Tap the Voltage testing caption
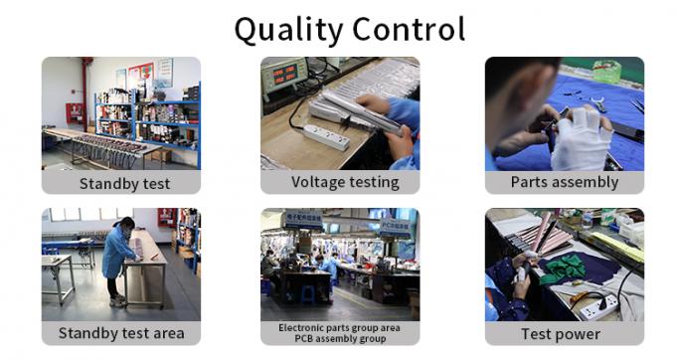pyautogui.click(x=345, y=182)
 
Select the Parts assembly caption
pyautogui.click(x=564, y=182)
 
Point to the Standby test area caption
pyautogui.click(x=121, y=333)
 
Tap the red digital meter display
pyautogui.click(x=283, y=76)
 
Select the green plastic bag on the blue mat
pyautogui.click(x=606, y=72)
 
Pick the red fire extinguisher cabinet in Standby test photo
pyautogui.click(x=75, y=112)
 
